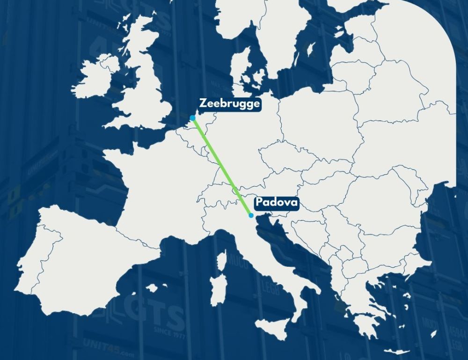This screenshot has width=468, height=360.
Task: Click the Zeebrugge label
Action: pyautogui.click(x=229, y=103)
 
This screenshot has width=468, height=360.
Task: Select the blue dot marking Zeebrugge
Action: pyautogui.click(x=193, y=118)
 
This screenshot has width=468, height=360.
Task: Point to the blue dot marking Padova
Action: pyautogui.click(x=251, y=215)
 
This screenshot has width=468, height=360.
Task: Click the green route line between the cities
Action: pyautogui.click(x=222, y=166)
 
